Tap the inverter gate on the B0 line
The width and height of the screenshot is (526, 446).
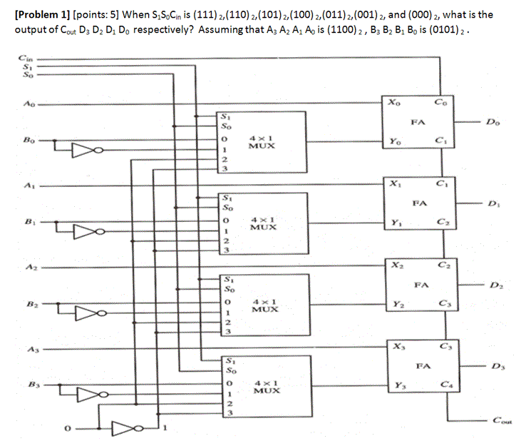tap(83, 150)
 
